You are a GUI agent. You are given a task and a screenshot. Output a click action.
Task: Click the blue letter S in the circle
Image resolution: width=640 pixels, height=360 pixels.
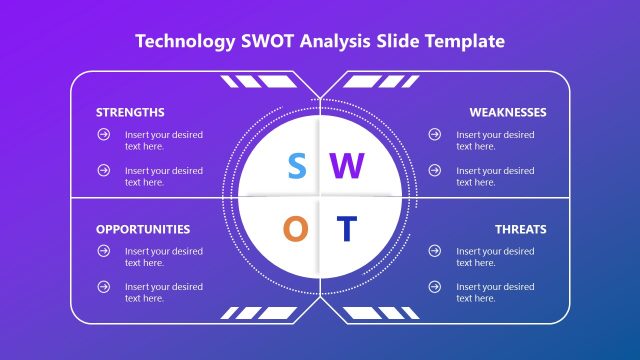296,166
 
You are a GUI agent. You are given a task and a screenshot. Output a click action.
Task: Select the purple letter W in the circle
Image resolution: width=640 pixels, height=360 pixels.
344,166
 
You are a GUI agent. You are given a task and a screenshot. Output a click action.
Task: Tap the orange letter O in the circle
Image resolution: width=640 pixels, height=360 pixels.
295,229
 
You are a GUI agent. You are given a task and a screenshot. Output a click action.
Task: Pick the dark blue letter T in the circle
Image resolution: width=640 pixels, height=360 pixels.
345,229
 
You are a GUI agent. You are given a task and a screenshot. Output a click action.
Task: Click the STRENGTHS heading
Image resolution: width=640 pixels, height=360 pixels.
130,112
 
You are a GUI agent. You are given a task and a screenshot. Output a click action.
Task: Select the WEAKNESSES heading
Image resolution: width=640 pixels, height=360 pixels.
508,112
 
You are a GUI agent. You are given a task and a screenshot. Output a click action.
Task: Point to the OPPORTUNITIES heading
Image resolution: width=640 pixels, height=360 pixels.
143,229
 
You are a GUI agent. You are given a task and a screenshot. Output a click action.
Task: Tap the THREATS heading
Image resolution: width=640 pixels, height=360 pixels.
521,229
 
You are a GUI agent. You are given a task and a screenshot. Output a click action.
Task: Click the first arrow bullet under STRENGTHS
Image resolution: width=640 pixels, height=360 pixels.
103,134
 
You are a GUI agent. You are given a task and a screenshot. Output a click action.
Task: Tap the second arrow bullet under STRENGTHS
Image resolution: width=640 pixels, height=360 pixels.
103,170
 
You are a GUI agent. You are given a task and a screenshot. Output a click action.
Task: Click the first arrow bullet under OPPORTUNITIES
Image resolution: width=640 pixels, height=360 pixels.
103,251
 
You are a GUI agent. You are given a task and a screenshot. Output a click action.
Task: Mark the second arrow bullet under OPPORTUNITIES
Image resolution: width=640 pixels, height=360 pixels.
103,287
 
